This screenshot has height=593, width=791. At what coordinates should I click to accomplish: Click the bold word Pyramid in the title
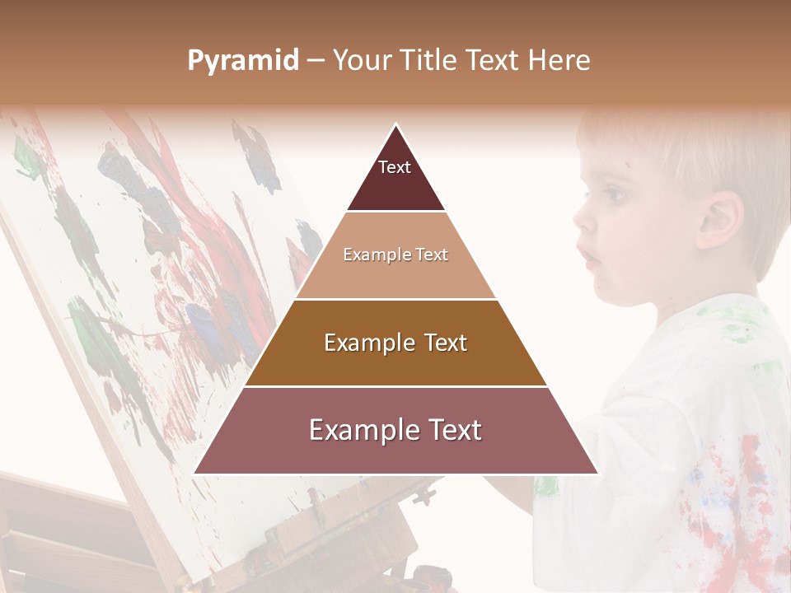click(x=243, y=60)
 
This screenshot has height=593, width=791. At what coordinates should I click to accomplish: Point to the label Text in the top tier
click(x=395, y=167)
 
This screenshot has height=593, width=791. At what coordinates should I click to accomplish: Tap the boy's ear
click(x=718, y=221)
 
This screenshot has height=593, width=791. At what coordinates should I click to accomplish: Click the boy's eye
click(x=614, y=196)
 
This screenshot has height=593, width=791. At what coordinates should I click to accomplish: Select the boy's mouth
click(x=592, y=257)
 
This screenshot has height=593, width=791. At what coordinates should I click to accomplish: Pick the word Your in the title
click(x=360, y=60)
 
